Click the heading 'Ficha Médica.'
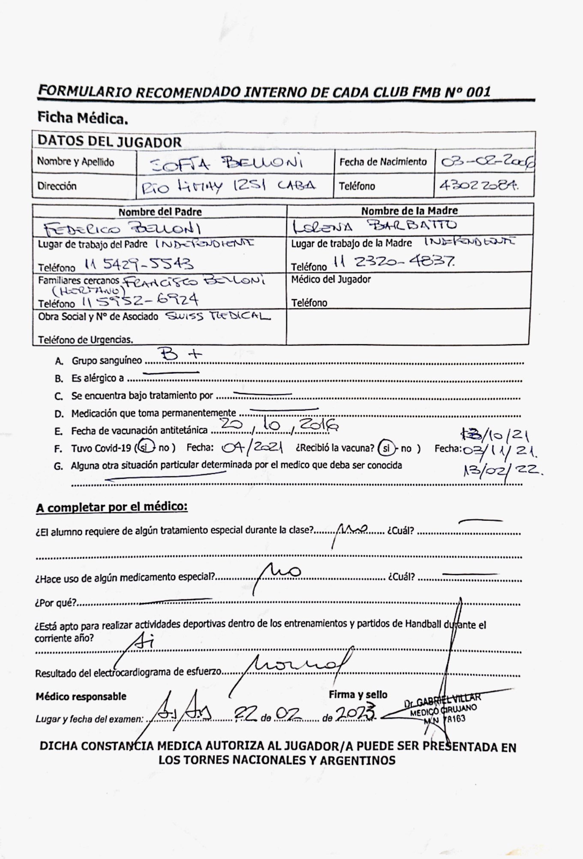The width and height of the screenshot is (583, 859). [x=83, y=118]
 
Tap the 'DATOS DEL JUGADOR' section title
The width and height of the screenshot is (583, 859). [x=109, y=141]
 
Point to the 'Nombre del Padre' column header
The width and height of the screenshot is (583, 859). [x=160, y=212]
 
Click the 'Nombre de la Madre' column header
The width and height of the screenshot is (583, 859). [x=409, y=210]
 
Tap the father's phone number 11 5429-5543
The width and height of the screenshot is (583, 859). [x=139, y=264]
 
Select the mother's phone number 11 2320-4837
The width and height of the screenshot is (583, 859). [x=394, y=261]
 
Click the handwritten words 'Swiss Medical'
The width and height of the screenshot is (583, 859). [x=218, y=317]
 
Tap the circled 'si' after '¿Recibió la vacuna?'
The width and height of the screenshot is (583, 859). [x=387, y=448]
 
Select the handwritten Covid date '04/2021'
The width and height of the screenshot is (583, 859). [x=252, y=448]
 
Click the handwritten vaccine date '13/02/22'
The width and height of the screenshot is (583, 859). [x=502, y=470]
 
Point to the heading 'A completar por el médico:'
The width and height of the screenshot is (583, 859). [x=112, y=507]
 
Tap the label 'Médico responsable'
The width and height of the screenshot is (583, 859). [x=81, y=697]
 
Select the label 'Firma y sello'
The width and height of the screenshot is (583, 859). [x=358, y=695]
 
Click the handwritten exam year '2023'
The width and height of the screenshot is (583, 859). [x=356, y=713]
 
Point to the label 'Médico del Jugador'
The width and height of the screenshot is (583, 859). [x=331, y=279]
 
